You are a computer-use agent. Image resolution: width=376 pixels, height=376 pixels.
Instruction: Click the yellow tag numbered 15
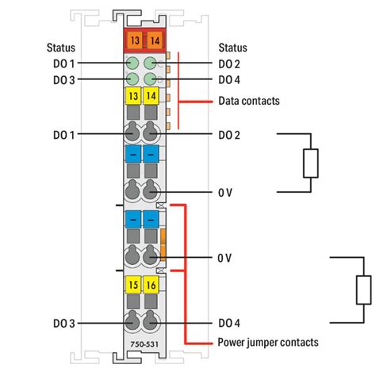click(x=132, y=283)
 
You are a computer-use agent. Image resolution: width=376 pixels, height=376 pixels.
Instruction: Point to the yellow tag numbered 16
click(x=150, y=283)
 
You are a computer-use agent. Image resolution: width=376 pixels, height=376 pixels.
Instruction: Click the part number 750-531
click(x=141, y=343)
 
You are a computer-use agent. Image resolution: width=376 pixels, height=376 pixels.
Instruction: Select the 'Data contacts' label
click(x=248, y=102)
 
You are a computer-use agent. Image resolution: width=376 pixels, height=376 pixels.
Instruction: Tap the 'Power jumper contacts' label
click(x=267, y=343)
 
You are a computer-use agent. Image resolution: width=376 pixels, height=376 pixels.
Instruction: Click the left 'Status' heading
click(x=61, y=48)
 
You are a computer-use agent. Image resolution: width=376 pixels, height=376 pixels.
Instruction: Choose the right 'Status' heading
click(x=232, y=48)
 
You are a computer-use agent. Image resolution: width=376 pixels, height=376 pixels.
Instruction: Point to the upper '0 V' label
click(x=225, y=191)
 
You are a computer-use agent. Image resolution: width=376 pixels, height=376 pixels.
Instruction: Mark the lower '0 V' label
click(x=225, y=258)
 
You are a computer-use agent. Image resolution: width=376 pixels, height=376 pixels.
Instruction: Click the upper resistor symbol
click(x=310, y=163)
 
